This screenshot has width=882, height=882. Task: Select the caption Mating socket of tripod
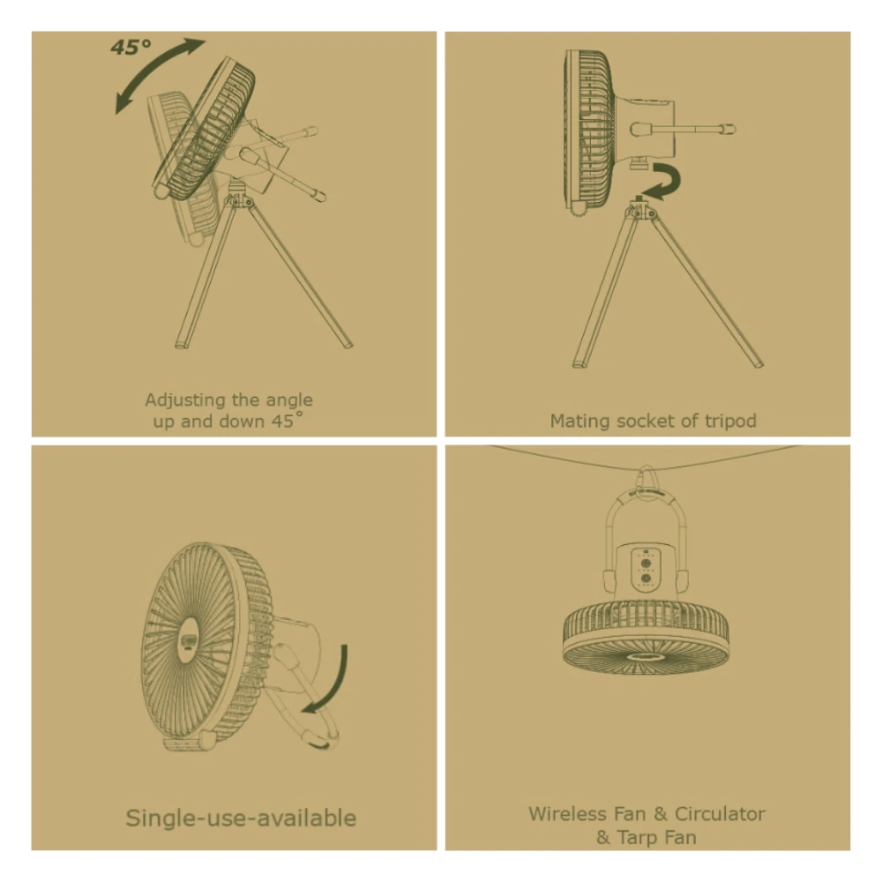[653, 421]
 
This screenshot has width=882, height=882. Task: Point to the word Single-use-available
[241, 818]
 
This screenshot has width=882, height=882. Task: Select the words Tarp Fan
[656, 837]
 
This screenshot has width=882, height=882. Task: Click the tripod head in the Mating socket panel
[638, 210]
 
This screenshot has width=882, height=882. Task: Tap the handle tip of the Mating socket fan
[728, 130]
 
